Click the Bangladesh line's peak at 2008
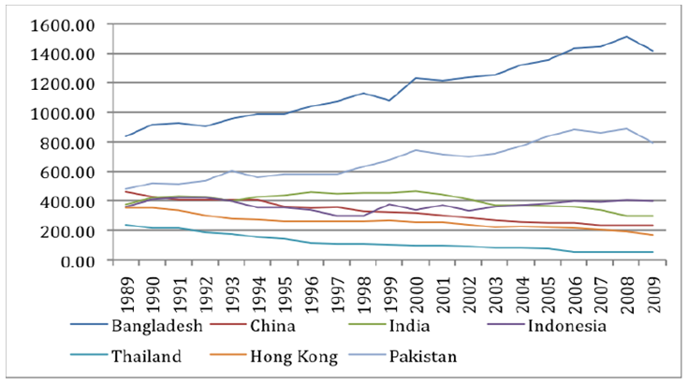(x=626, y=37)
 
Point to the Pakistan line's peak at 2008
(x=626, y=128)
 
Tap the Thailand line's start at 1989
(x=126, y=225)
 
